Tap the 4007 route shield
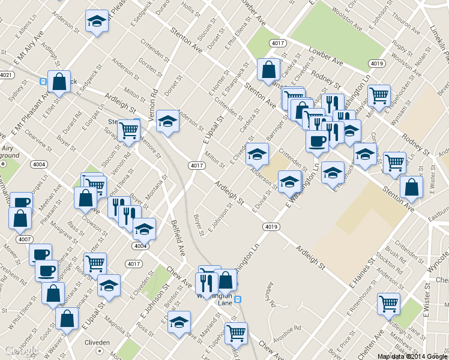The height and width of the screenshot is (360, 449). click(24, 239)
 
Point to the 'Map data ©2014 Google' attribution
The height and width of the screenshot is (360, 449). click(412, 356)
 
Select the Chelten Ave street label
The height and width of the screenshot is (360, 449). click(370, 342)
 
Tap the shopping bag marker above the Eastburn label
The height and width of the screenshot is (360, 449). click(411, 187)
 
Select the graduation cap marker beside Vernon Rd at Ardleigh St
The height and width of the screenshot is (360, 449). click(167, 121)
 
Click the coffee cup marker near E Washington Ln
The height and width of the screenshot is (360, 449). click(316, 141)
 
